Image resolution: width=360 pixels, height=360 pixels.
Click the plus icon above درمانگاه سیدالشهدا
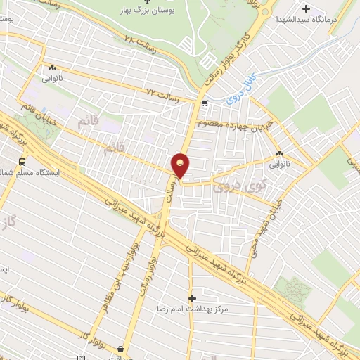coord(306,8)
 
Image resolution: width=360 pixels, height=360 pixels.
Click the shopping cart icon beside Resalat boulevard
coord(204,104)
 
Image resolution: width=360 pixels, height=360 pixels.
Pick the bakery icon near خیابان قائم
coord(52,68)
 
